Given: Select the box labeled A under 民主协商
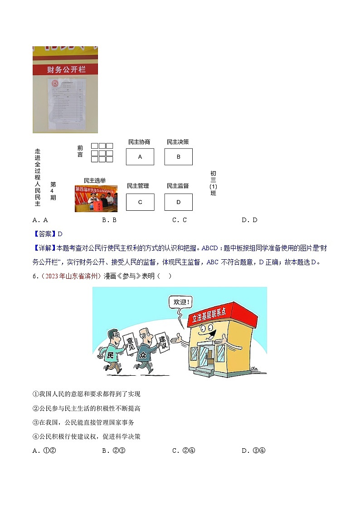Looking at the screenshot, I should coord(140,157).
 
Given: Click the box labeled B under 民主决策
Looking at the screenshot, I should coord(178,157).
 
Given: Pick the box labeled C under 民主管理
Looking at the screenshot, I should coord(140,202).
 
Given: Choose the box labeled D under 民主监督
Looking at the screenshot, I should coord(178,202).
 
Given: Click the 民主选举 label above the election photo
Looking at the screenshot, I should coord(95,180).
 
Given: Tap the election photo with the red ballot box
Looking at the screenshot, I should coord(96,199).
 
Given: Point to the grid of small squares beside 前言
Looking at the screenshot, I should coord(102,153).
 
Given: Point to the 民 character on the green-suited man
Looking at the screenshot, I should coord(109,355).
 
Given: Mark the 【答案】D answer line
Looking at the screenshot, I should coord(48,234).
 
